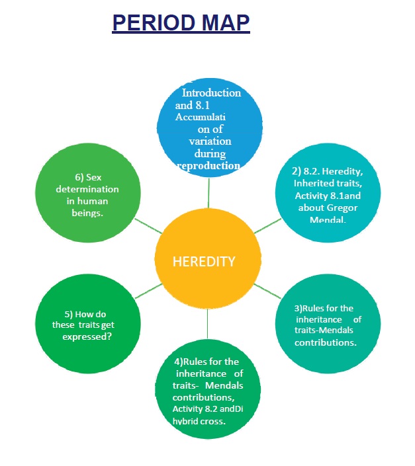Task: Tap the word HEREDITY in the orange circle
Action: point(204,261)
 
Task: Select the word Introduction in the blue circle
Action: point(211,93)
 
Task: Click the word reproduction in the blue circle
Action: point(209,165)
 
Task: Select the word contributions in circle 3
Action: point(326,343)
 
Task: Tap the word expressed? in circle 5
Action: point(83,336)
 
